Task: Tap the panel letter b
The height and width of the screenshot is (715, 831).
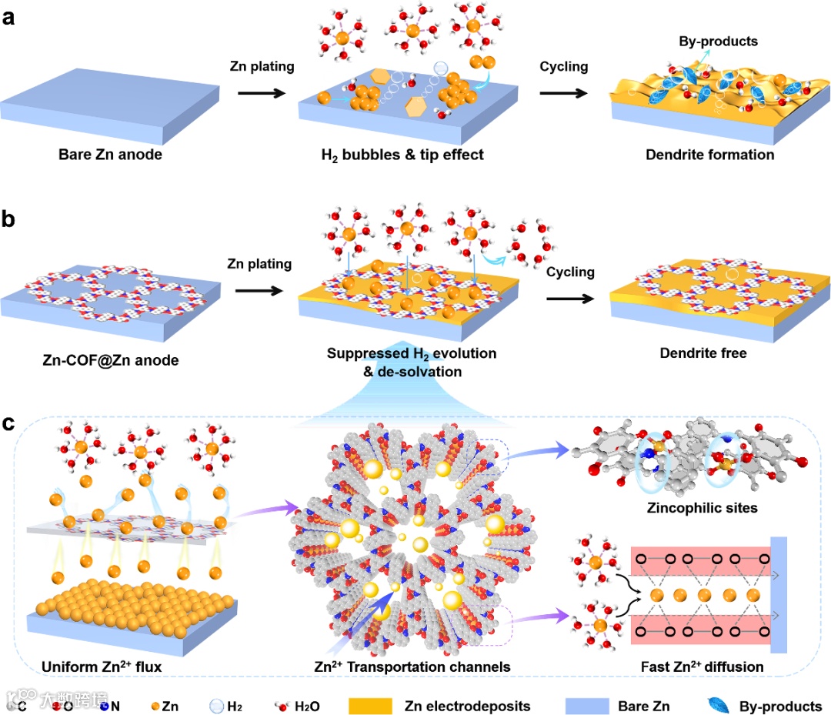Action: point(10,221)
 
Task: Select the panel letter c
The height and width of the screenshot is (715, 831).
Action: point(10,423)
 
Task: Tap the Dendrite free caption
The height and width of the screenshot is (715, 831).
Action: point(702,354)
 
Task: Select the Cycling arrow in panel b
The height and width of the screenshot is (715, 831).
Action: point(570,292)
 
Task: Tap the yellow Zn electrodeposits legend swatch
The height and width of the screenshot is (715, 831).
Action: point(374,705)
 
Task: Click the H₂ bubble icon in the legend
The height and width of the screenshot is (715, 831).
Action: point(216,705)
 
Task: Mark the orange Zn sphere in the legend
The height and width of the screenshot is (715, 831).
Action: point(156,705)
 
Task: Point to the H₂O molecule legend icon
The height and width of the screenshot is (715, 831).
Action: point(281,705)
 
